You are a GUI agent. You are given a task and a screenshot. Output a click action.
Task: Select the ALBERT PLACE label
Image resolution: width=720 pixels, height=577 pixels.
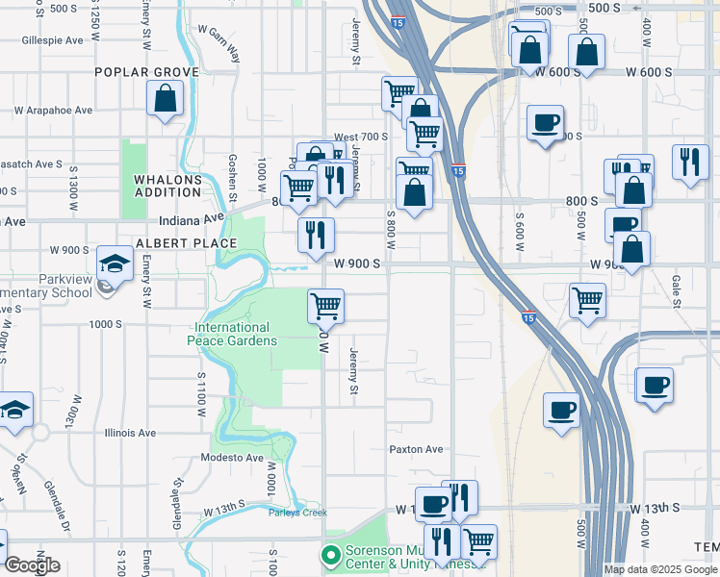(172, 244)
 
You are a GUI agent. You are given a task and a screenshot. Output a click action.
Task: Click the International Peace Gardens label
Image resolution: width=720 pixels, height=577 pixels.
(236, 334)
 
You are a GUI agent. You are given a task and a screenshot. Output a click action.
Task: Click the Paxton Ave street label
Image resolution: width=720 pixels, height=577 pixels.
(416, 449)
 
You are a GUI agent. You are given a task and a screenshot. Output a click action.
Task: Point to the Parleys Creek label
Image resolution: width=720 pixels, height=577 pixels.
(297, 512)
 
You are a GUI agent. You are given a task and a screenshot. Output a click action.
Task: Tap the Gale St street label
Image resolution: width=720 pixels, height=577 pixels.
(677, 289)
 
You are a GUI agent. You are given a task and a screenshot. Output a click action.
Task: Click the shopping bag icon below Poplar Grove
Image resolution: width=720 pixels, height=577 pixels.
(166, 98)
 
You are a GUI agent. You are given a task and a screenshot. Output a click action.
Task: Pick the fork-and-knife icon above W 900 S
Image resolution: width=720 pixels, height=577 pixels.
(316, 234)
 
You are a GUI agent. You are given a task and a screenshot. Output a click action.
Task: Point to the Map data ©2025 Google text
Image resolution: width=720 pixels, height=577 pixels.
(659, 569)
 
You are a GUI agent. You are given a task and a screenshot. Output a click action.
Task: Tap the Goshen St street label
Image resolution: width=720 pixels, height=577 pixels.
(232, 177)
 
